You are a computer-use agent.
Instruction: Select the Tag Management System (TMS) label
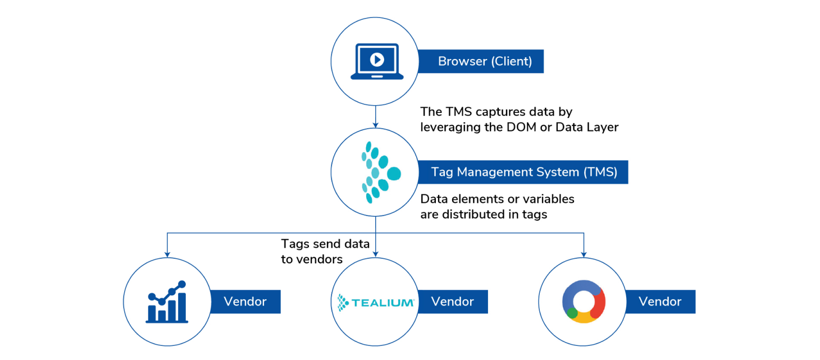click(x=523, y=172)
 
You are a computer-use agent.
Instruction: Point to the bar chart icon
click(x=166, y=302)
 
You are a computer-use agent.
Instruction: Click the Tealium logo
click(x=376, y=302)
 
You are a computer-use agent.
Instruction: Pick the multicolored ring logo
click(x=583, y=302)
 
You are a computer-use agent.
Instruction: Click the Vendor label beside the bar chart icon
click(x=245, y=302)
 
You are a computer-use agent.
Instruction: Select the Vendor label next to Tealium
click(x=452, y=302)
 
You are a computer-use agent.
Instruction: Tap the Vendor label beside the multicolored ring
click(x=660, y=302)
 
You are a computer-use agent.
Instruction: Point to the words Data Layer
click(x=587, y=127)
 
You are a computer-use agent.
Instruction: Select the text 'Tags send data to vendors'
click(x=325, y=251)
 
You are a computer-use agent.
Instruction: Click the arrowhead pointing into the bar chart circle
click(x=167, y=254)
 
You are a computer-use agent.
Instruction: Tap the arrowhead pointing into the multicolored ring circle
click(x=584, y=254)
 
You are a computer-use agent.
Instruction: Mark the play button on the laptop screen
click(x=376, y=58)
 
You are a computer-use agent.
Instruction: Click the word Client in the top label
click(x=511, y=61)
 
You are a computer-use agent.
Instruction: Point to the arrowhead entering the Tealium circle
click(x=375, y=254)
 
